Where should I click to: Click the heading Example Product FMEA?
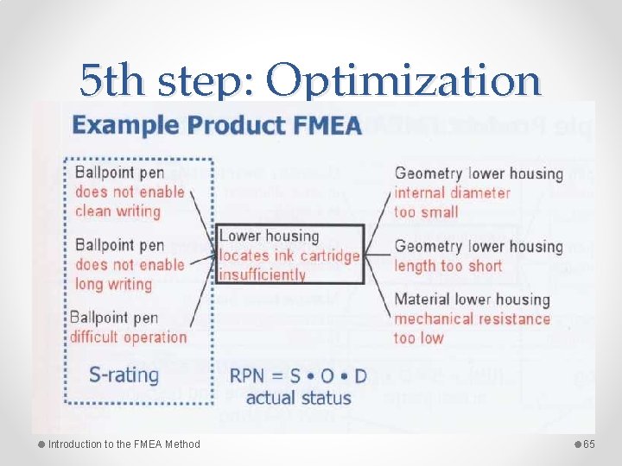[x=217, y=125]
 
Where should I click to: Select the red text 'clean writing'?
[x=117, y=211]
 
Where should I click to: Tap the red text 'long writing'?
[x=113, y=284]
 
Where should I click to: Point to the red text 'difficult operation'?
[x=128, y=337]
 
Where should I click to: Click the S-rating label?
[x=124, y=375]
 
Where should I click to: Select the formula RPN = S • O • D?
[x=298, y=376]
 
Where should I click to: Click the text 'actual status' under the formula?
[x=298, y=398]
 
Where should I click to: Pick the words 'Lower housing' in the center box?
[x=269, y=236]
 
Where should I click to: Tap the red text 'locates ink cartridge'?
[x=289, y=255]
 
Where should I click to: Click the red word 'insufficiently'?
[x=262, y=274]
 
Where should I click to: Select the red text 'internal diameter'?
[x=452, y=192]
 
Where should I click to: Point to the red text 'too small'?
[x=427, y=211]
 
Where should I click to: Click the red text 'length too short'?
[x=447, y=266]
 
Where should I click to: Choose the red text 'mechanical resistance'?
[x=472, y=318]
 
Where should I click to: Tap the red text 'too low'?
[x=420, y=337]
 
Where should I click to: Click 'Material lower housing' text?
[x=472, y=299]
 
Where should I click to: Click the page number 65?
[x=589, y=444]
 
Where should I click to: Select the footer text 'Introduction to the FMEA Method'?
[x=124, y=444]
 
